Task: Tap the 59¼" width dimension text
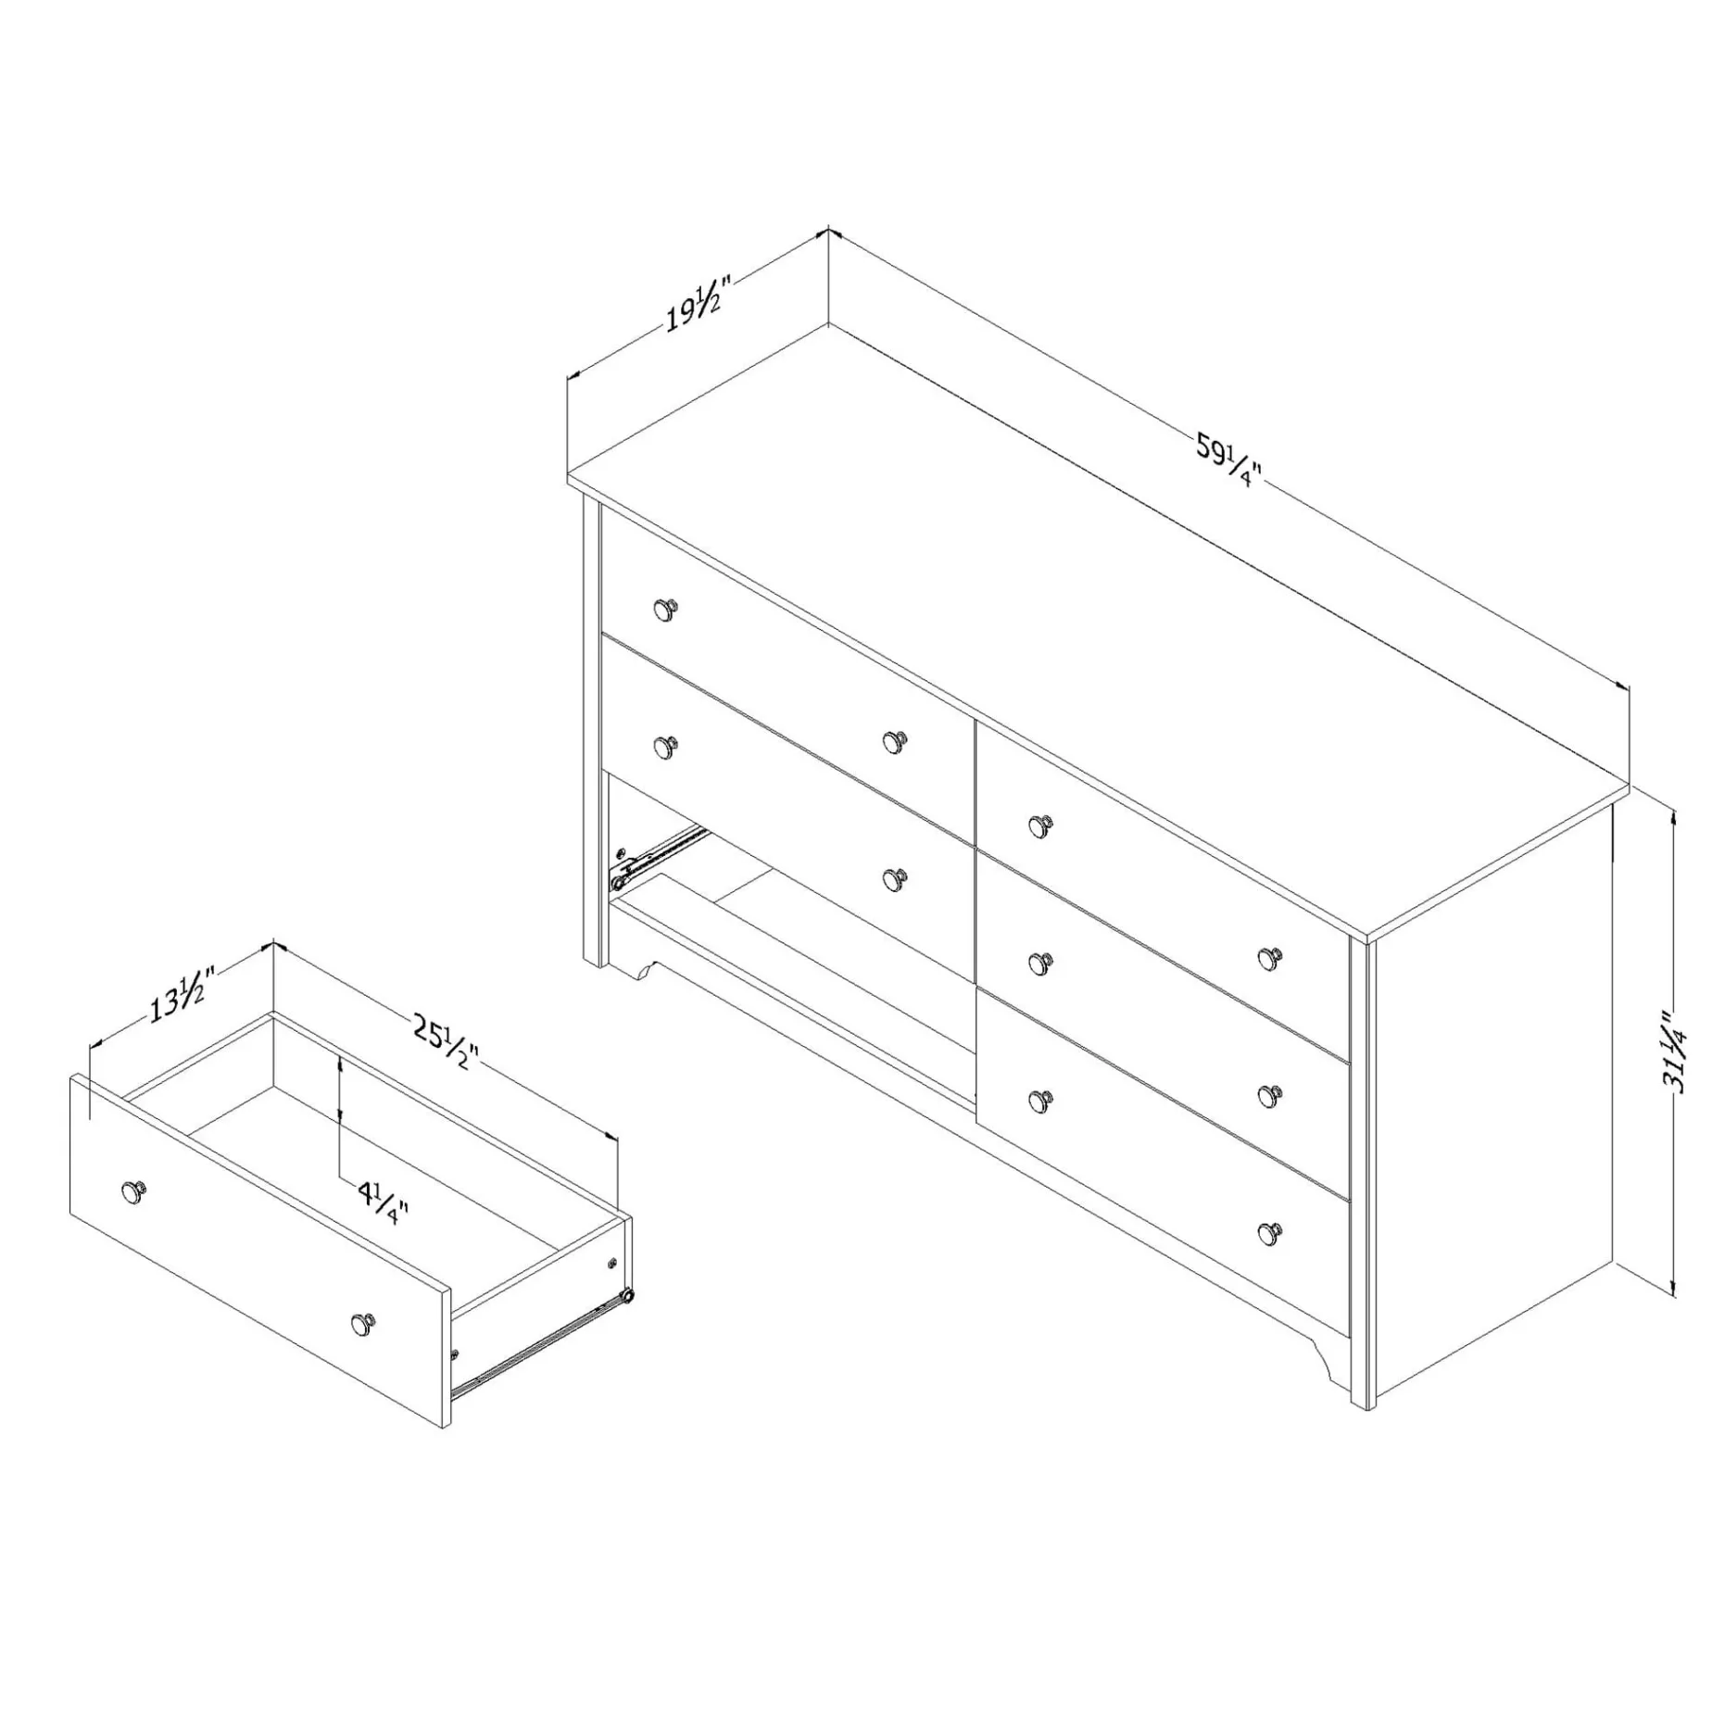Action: (1228, 460)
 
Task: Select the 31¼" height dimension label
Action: (1677, 1051)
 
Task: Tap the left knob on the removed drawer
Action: (134, 1192)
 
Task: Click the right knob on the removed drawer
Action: (363, 1325)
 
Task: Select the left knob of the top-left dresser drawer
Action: (665, 610)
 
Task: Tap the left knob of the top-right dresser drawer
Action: (1040, 824)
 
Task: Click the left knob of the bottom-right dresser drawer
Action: (1040, 1101)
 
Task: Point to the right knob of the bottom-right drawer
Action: (1269, 1232)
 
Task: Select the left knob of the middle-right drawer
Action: (1040, 963)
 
